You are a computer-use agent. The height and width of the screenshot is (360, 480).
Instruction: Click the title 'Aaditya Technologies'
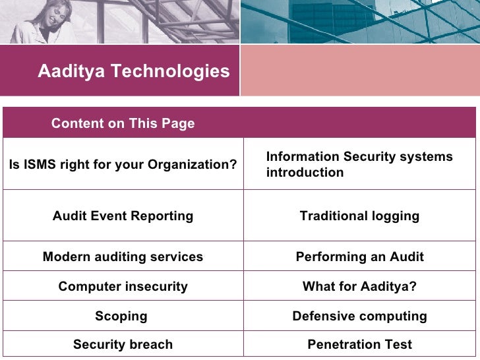coord(134,71)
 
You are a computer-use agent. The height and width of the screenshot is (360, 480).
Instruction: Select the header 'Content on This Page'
coord(123,123)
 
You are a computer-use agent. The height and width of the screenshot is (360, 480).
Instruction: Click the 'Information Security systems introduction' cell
coord(359,165)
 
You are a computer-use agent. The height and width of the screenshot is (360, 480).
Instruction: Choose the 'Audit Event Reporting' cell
coord(123,216)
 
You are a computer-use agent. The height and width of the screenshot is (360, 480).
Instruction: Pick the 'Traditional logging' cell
coord(359,216)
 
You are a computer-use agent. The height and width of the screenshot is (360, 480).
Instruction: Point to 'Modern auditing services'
coord(123,257)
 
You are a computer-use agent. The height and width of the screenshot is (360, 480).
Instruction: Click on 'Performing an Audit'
coord(359,257)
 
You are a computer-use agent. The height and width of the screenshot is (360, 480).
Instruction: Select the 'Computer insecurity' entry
coord(123,287)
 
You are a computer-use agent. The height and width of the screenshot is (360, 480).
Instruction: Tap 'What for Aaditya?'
coord(359,287)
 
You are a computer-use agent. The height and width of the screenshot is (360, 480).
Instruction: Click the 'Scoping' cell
coord(121,316)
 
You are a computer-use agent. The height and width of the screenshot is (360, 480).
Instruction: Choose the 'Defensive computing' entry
coord(359,316)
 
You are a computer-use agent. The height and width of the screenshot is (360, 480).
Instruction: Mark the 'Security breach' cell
coord(123,344)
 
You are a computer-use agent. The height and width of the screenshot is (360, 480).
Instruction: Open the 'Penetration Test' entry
coord(359,344)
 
